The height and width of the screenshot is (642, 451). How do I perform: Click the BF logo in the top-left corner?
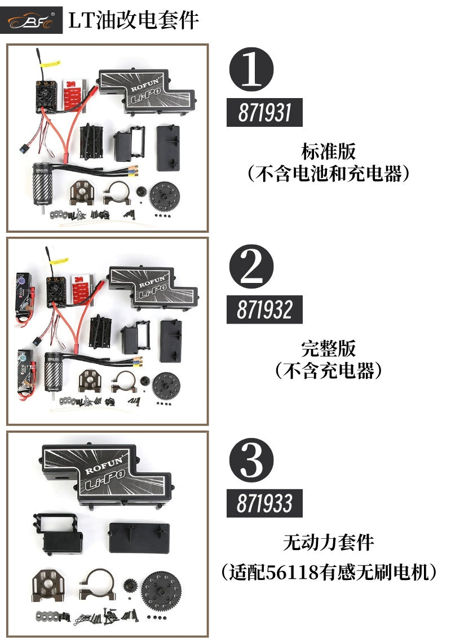click(x=31, y=21)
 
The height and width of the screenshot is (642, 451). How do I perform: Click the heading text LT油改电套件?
click(x=133, y=21)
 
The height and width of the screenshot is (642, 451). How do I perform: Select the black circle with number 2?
click(x=251, y=267)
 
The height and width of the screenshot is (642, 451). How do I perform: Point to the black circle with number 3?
click(x=251, y=462)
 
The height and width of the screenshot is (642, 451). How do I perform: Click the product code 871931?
click(x=264, y=113)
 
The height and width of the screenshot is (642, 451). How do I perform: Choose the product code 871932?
click(x=264, y=309)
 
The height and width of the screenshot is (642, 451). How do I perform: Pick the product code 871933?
click(x=264, y=503)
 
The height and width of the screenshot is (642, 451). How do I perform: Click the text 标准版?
click(x=328, y=152)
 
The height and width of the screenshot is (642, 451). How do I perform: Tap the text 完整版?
click(x=328, y=348)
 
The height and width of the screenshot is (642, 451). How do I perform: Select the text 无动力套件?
click(x=328, y=543)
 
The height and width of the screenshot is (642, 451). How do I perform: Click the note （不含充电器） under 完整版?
click(x=328, y=371)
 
